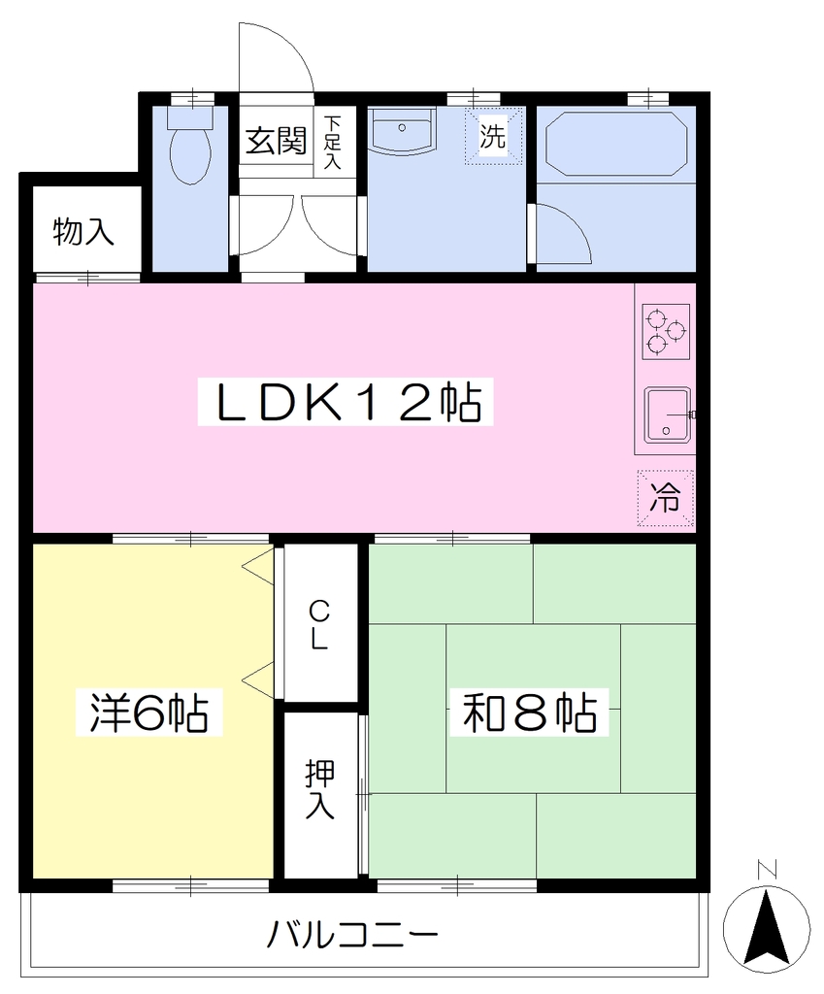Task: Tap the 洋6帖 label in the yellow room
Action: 148,712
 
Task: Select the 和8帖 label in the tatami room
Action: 530,712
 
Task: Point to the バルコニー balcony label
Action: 352,935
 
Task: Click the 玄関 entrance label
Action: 277,140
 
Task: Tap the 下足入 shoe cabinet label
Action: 332,142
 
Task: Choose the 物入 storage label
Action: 83,231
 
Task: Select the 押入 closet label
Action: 319,788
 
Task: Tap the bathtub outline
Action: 614,144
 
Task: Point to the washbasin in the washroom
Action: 402,131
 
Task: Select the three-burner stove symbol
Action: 666,330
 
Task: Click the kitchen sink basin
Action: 668,414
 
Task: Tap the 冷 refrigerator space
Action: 666,498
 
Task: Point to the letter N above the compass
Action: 767,869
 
